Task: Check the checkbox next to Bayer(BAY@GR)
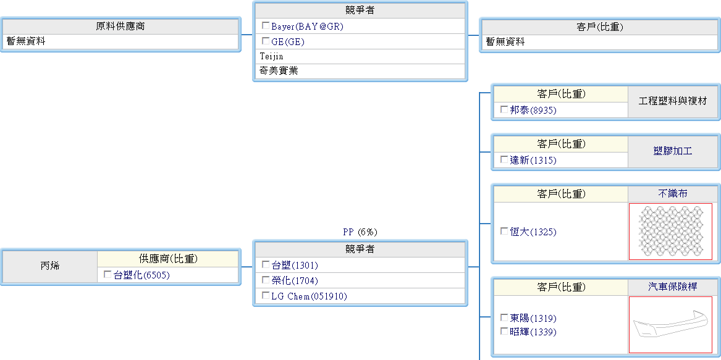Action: coord(266,26)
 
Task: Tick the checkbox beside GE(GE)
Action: coord(266,41)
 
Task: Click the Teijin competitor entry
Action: coord(271,56)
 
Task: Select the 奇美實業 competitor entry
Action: coord(279,71)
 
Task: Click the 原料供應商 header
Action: coord(120,27)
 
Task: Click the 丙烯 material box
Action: coord(50,267)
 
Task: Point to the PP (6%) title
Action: coord(360,232)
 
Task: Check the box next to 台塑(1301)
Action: coord(266,265)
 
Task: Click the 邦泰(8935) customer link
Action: coord(533,110)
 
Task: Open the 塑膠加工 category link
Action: coord(673,151)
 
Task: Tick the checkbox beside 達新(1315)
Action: coord(504,160)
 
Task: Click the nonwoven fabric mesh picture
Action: coord(670,231)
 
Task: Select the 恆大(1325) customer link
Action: coord(533,232)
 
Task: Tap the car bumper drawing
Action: coord(670,324)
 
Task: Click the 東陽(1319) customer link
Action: coord(533,319)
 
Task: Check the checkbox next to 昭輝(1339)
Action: coord(504,332)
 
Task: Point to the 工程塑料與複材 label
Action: coord(673,101)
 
